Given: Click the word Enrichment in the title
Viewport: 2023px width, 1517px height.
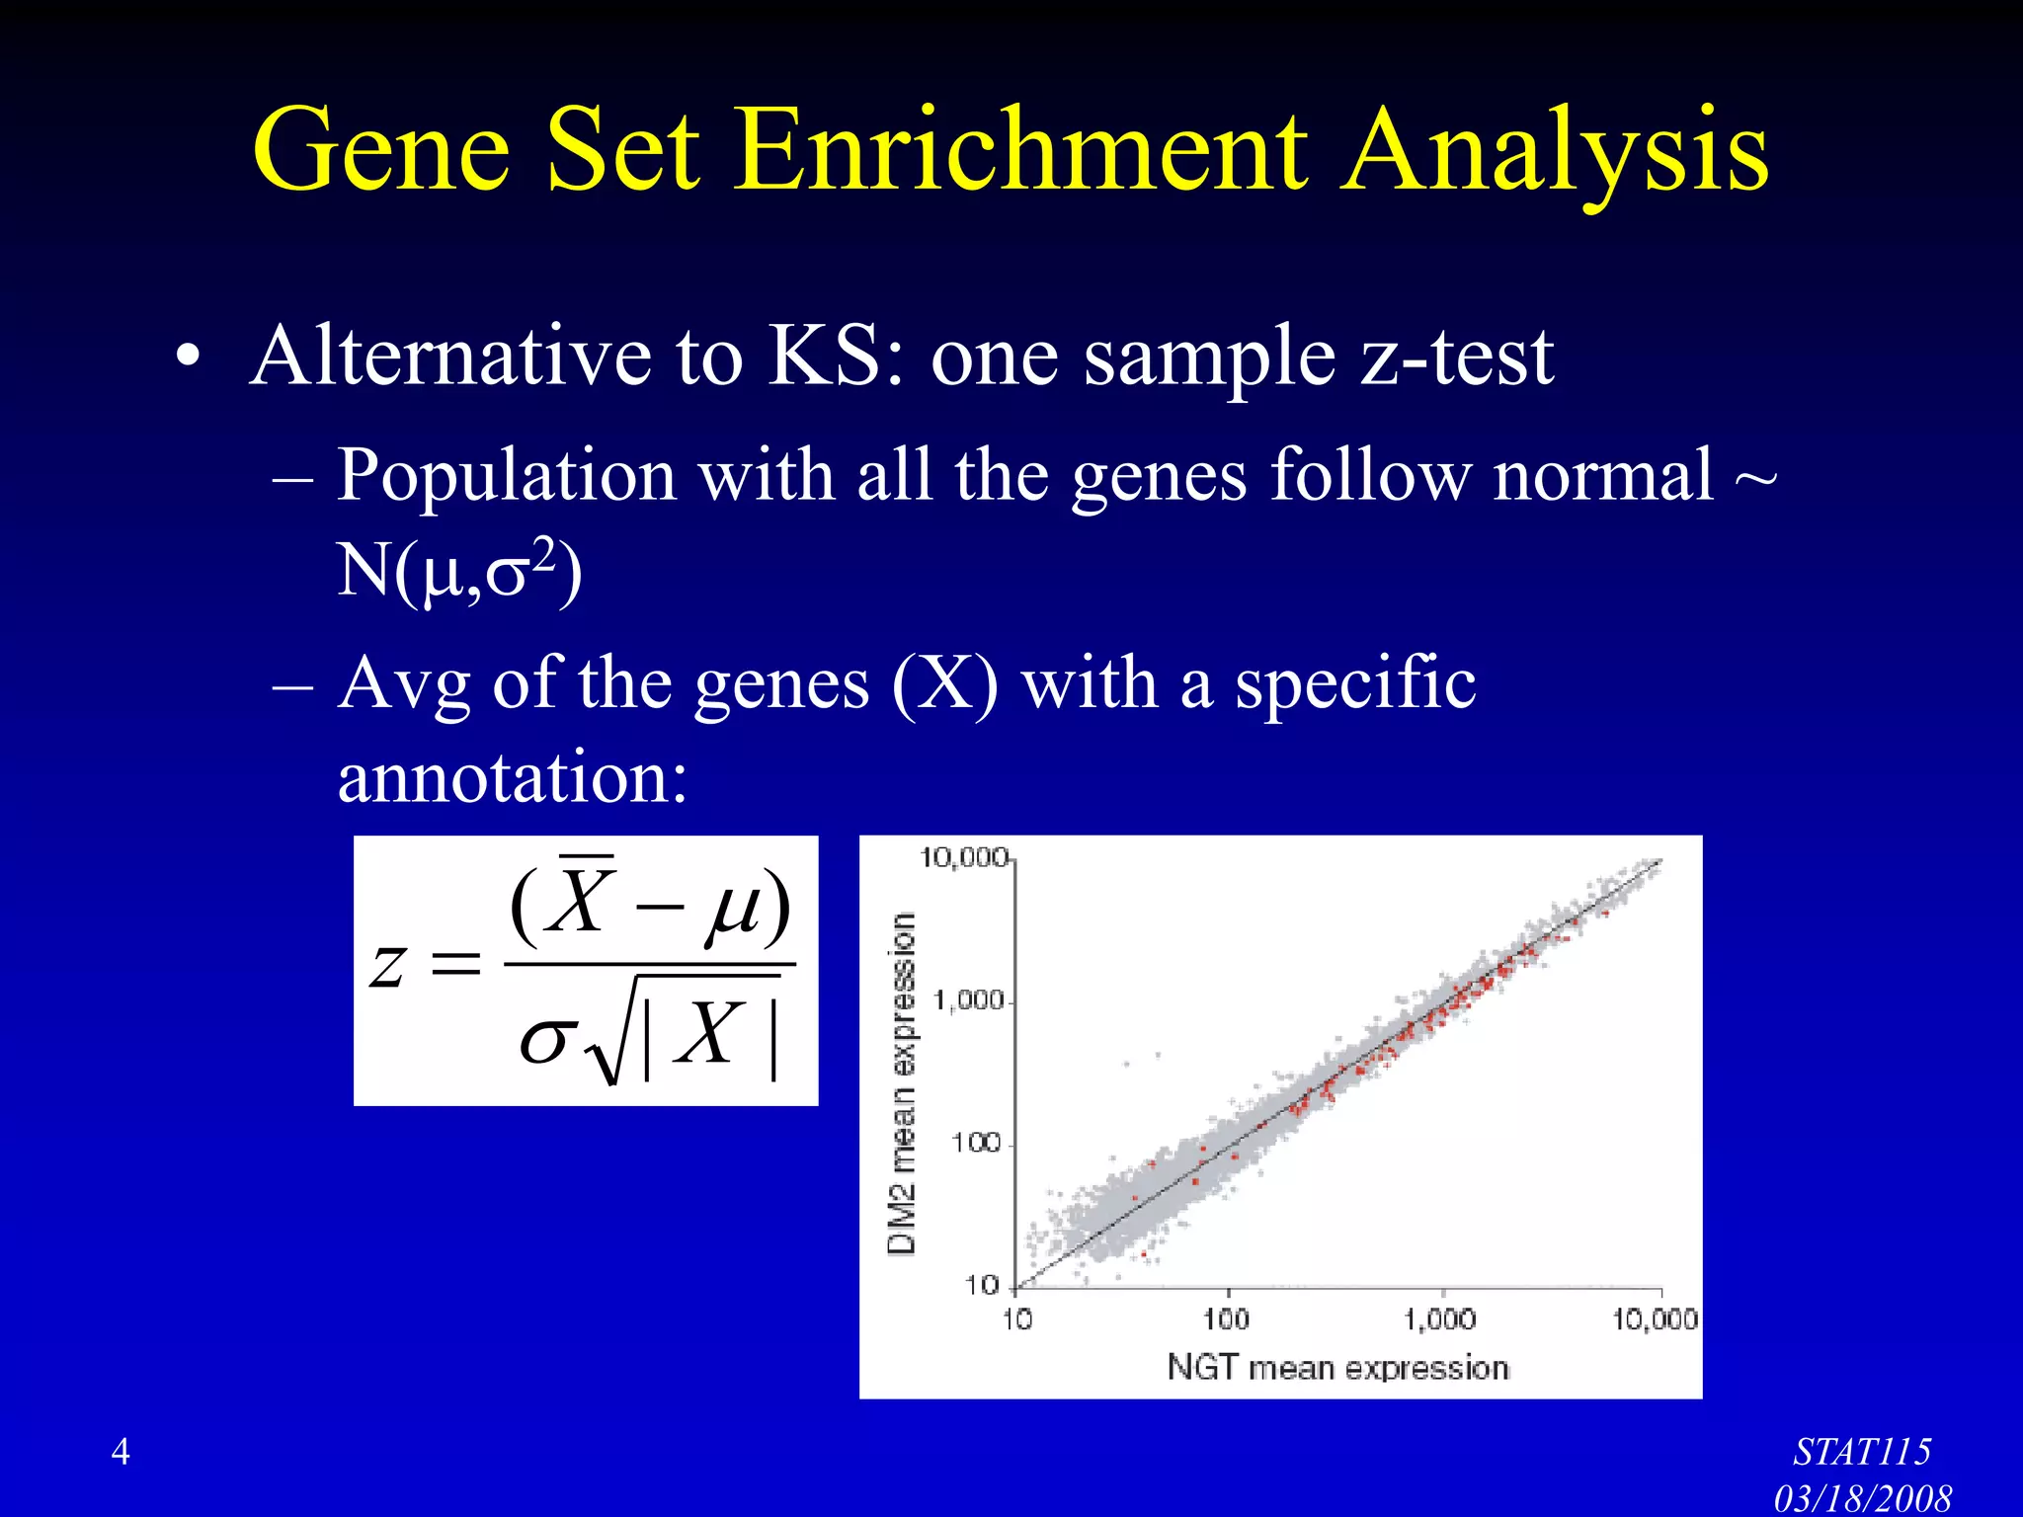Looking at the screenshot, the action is [x=1022, y=150].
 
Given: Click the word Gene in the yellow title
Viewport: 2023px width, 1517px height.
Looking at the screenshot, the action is [x=381, y=150].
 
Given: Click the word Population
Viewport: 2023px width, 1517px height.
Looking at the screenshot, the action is [x=506, y=476].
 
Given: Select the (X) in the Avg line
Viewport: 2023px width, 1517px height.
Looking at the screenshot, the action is [x=944, y=683].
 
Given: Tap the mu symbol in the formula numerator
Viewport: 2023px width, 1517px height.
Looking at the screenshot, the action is [x=733, y=907].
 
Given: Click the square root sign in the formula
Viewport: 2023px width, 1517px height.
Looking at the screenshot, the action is [x=605, y=1047].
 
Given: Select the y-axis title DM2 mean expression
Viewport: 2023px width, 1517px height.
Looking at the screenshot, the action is [x=901, y=1082].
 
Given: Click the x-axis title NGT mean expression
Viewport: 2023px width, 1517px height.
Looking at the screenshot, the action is [x=1337, y=1368].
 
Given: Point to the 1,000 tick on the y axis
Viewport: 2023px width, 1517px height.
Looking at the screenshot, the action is [x=968, y=1000].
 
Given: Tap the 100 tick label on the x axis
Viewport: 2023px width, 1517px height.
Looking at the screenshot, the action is [x=1226, y=1319].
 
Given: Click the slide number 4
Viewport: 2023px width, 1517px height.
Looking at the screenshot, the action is [x=121, y=1451].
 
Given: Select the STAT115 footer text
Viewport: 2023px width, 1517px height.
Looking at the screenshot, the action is [x=1861, y=1452].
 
